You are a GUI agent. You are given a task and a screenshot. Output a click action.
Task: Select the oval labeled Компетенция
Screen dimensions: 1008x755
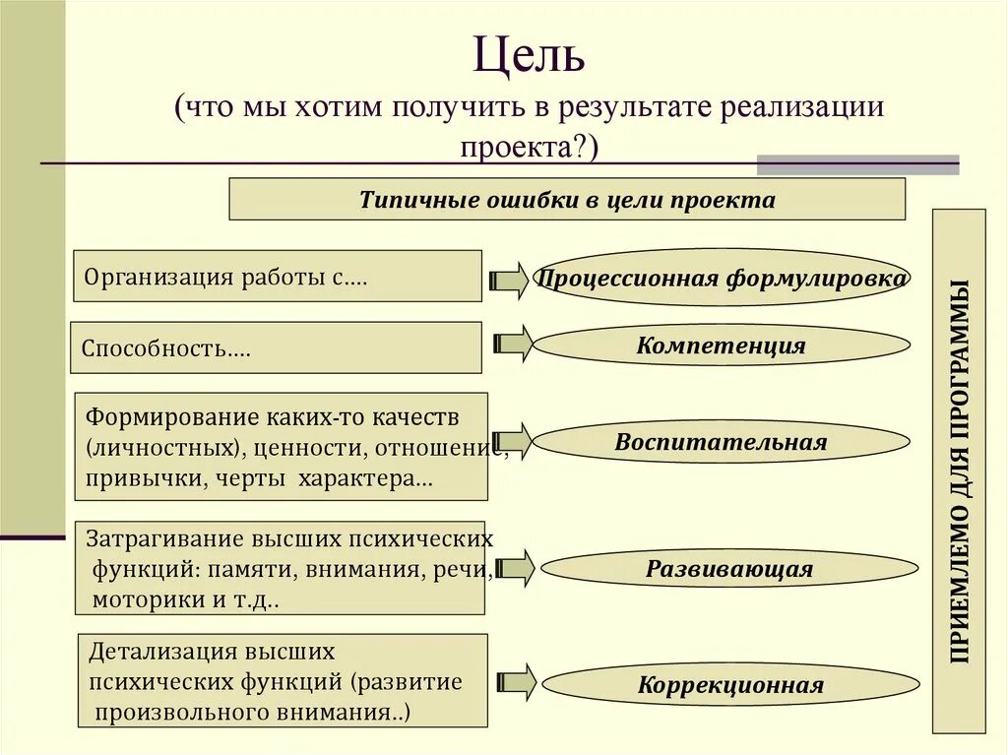[x=721, y=346]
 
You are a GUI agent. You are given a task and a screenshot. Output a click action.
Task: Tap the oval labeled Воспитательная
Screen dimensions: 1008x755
[x=721, y=442]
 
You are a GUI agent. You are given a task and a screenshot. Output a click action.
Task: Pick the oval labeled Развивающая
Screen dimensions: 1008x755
[x=728, y=569]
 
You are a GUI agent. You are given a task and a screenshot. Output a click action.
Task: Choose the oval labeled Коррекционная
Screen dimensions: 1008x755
[x=729, y=685]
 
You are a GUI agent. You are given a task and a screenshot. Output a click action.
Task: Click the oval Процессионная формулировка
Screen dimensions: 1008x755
[x=721, y=279]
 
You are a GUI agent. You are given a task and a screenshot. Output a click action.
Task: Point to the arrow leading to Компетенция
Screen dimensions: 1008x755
[x=512, y=344]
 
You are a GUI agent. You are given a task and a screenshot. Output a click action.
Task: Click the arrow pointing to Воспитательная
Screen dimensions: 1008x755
[x=513, y=440]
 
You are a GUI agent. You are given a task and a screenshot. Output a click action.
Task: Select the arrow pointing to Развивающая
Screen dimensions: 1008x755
[x=514, y=568]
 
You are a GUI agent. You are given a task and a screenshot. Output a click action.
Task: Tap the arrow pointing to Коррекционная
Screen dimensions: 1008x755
[x=515, y=682]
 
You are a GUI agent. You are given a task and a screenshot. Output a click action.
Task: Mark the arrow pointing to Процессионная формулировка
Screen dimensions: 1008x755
[x=509, y=280]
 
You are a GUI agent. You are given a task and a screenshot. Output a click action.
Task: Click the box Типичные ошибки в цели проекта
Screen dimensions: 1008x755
[x=567, y=200]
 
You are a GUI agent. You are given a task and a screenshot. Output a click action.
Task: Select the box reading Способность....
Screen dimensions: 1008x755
[x=276, y=348]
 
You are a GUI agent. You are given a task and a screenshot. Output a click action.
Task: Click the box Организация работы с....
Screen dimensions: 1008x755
[x=277, y=276]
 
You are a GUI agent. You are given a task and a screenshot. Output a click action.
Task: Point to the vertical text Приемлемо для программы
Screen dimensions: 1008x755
[x=959, y=471]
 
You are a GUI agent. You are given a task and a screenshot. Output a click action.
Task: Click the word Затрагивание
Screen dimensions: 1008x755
[x=157, y=539]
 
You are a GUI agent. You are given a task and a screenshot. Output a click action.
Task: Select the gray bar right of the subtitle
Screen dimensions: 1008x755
[x=856, y=164]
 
